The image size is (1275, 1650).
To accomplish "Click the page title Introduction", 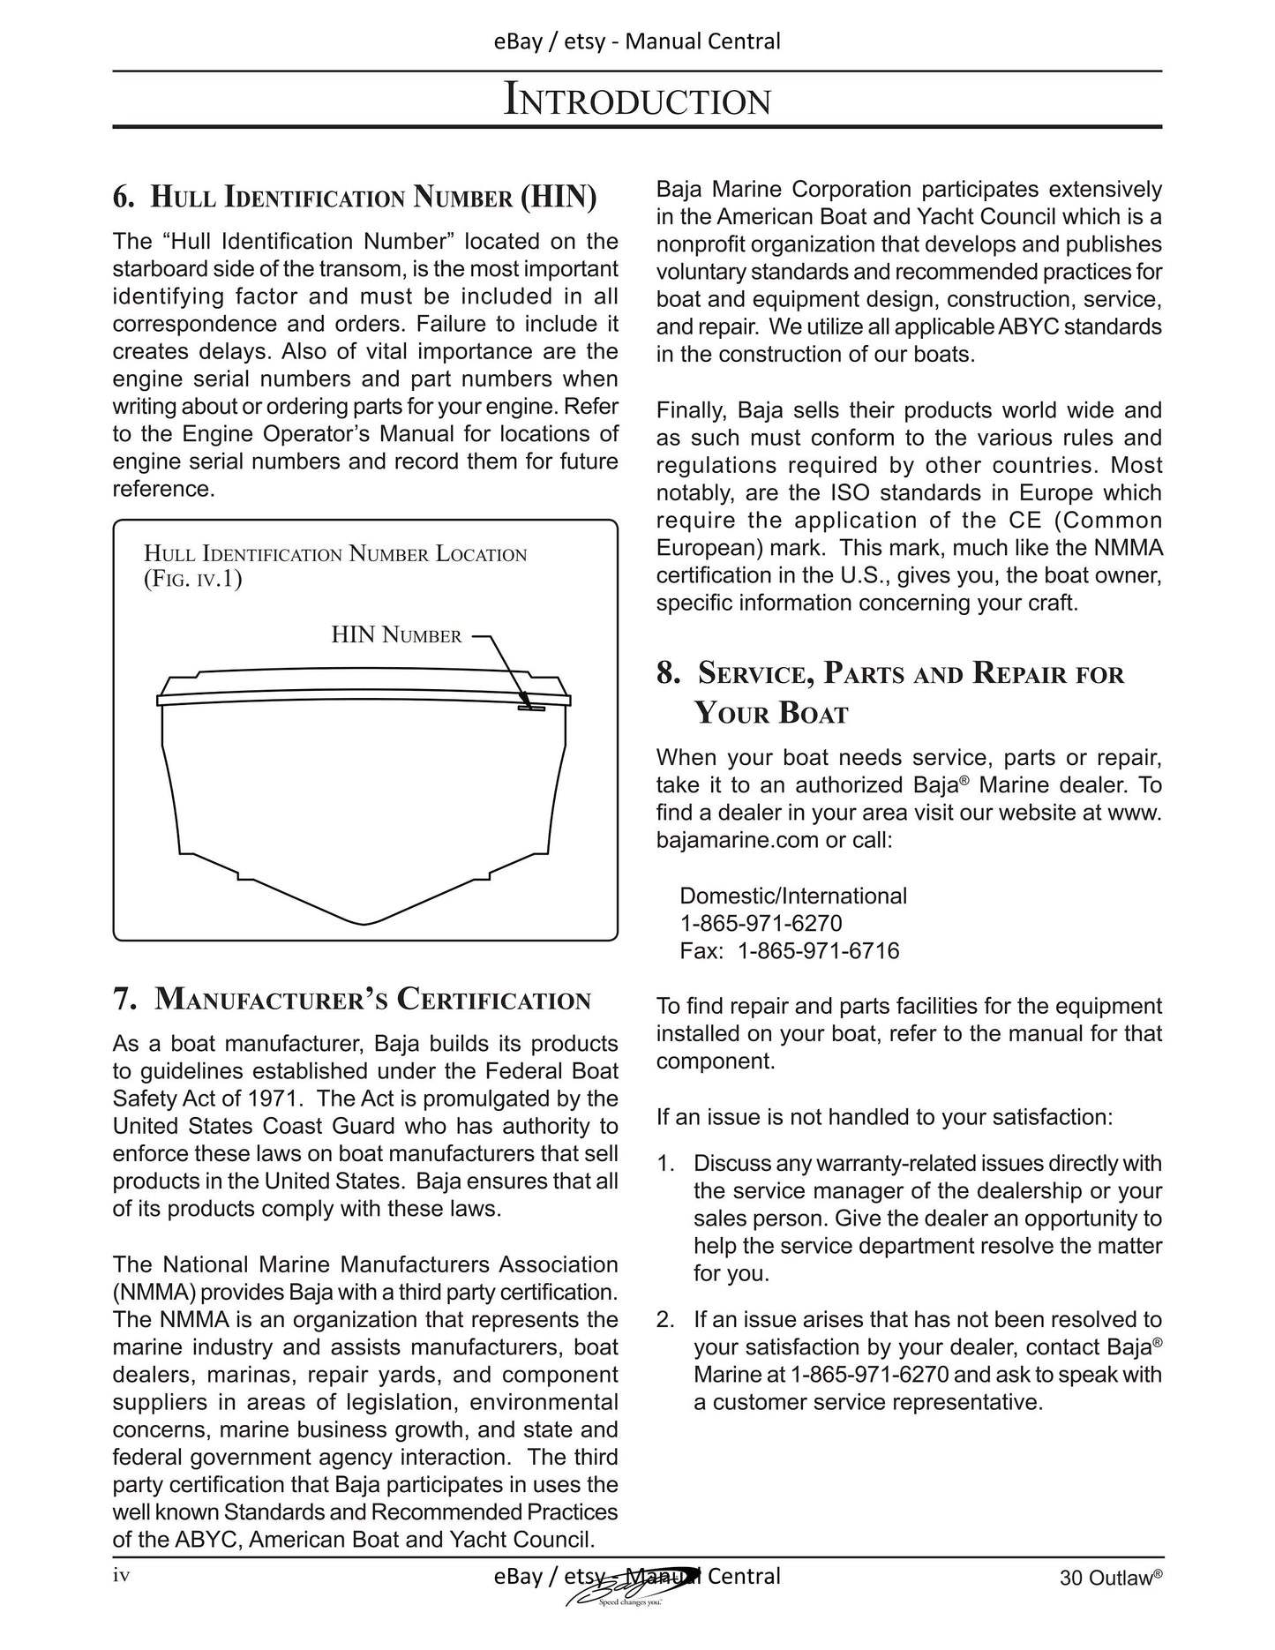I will click(x=637, y=100).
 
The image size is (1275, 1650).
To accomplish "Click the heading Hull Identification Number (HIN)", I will click(x=355, y=196).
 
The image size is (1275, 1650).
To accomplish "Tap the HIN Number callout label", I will click(x=396, y=635).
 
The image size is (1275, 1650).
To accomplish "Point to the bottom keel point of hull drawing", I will click(x=364, y=924).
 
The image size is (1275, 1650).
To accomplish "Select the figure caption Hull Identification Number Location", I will click(x=335, y=555).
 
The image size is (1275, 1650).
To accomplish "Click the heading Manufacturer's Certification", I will click(x=352, y=1000).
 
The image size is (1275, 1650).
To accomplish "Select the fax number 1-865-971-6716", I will click(x=818, y=951).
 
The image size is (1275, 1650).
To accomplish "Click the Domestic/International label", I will click(x=792, y=896).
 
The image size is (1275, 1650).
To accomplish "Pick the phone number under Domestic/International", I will click(x=761, y=924).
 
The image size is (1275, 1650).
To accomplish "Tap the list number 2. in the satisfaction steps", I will click(x=666, y=1320).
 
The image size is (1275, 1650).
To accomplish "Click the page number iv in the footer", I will click(x=122, y=1575).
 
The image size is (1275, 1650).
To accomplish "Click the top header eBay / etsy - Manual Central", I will click(x=637, y=41).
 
